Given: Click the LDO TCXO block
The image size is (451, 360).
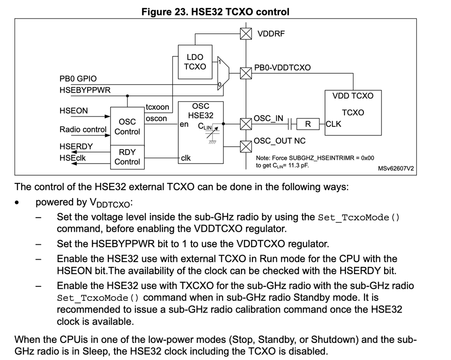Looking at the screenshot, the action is (x=195, y=62).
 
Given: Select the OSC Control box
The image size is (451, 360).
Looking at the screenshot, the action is (x=127, y=126).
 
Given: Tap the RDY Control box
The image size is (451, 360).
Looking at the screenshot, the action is (x=127, y=157).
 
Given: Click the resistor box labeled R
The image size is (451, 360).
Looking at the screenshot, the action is (x=308, y=124).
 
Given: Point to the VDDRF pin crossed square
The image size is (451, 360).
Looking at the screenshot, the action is (x=246, y=34).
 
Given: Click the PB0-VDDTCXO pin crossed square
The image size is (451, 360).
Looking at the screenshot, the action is (x=246, y=73).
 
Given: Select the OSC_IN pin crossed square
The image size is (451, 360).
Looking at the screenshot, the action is (x=246, y=124).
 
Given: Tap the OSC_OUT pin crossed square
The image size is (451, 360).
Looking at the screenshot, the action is (x=246, y=146).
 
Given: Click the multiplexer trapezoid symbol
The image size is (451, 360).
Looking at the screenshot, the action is (x=223, y=73).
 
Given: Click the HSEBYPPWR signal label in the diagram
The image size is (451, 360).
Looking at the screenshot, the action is (x=85, y=90).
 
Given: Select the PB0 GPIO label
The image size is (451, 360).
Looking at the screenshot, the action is (x=78, y=79).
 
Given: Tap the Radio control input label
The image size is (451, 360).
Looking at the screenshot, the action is (x=83, y=130).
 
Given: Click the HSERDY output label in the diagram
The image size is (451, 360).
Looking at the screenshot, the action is (x=76, y=146).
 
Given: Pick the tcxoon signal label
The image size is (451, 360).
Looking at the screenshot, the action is (x=158, y=107).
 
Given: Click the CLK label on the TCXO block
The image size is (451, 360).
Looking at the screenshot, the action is (x=333, y=124).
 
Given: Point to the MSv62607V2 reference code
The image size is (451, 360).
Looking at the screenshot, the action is (x=396, y=168).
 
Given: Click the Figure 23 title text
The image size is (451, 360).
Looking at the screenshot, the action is (x=215, y=12).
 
